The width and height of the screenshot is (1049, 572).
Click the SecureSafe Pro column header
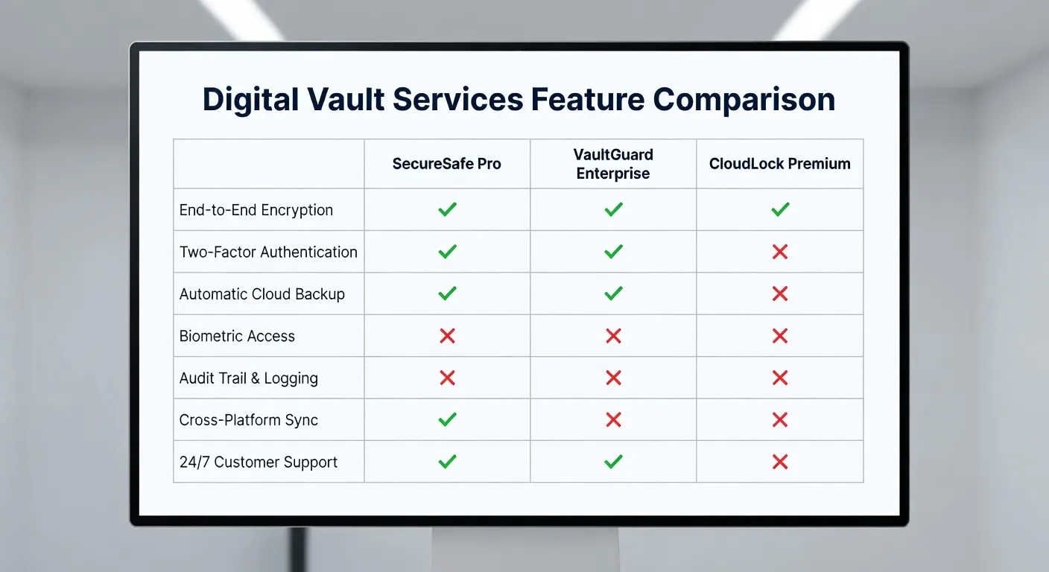pos(447,164)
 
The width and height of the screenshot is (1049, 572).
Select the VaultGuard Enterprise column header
pos(613,164)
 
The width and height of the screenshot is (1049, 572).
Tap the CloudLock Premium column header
pos(779,164)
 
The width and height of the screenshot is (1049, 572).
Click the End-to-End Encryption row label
pos(256,210)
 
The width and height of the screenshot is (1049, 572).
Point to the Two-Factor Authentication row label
pos(268,252)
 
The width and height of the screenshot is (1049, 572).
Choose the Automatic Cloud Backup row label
pos(262,294)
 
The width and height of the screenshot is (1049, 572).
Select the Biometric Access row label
pos(237,336)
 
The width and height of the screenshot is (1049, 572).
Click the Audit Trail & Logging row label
pos(249,378)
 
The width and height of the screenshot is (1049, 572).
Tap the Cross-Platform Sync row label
pos(249,420)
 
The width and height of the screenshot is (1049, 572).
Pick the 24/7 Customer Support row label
pos(259,462)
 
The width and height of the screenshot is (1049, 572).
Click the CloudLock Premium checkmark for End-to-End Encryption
pos(780,210)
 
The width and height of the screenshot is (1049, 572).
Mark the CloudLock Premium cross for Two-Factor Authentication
pos(780,252)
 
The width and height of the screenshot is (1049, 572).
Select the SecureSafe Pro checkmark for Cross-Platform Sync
pos(447,420)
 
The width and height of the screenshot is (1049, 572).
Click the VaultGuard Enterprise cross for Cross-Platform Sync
pos(613,420)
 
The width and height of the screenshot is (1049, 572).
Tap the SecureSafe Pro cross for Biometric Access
pos(447,336)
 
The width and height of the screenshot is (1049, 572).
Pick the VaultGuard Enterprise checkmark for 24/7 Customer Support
pos(613,462)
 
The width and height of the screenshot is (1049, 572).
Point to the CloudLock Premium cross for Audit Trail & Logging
pos(780,378)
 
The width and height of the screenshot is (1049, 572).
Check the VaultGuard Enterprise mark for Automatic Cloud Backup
pos(613,294)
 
